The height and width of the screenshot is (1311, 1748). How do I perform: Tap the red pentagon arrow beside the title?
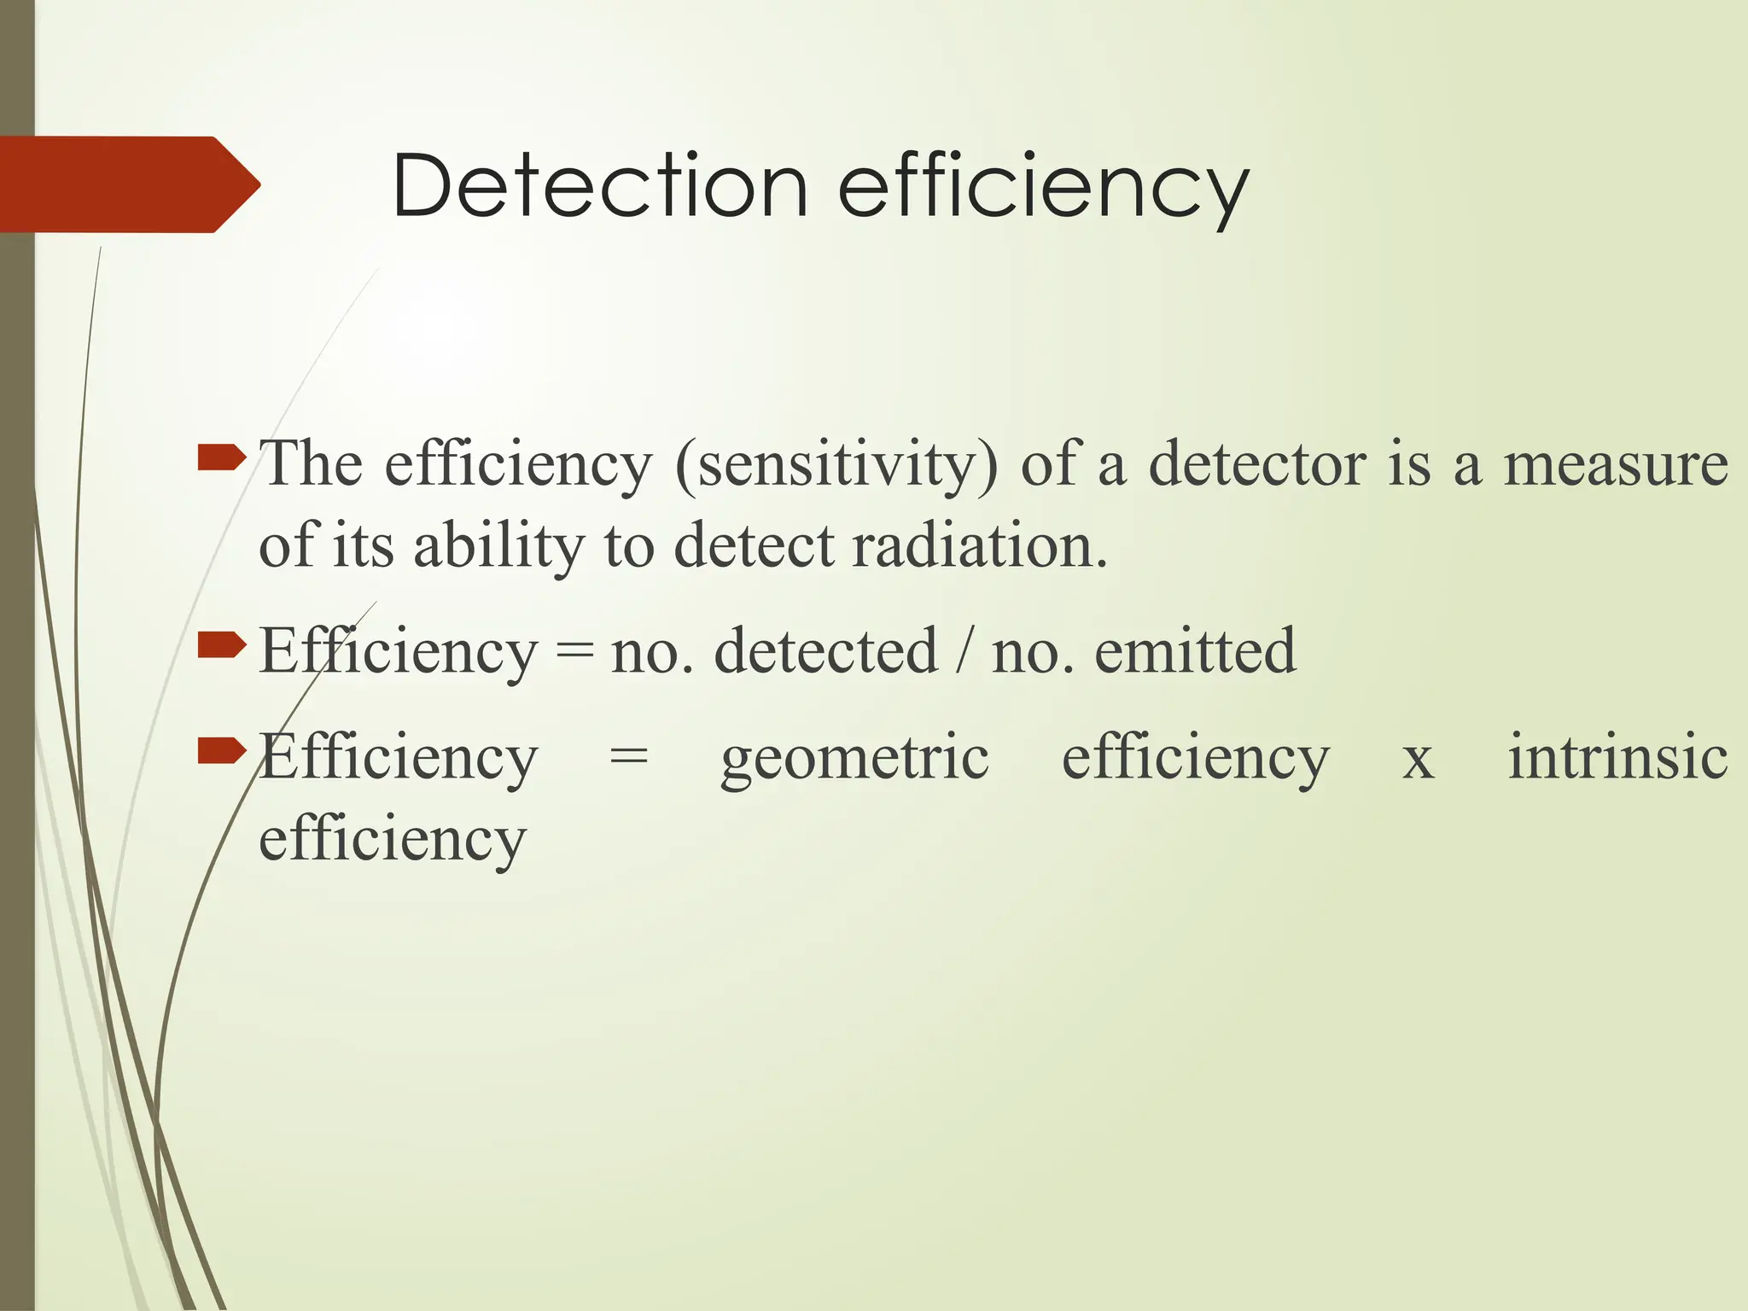click(128, 184)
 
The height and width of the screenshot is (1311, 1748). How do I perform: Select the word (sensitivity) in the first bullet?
click(836, 465)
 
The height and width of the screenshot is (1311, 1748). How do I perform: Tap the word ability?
click(498, 547)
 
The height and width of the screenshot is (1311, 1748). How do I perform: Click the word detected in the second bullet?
click(825, 651)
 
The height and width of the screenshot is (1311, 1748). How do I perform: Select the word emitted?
click(1195, 651)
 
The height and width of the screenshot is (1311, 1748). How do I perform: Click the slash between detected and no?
click(964, 651)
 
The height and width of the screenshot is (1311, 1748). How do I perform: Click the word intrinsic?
click(1617, 756)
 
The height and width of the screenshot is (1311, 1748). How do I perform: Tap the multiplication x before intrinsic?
click(1418, 760)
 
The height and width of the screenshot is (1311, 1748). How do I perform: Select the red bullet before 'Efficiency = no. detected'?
click(221, 646)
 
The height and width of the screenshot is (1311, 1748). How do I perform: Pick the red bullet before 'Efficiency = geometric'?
click(221, 751)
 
